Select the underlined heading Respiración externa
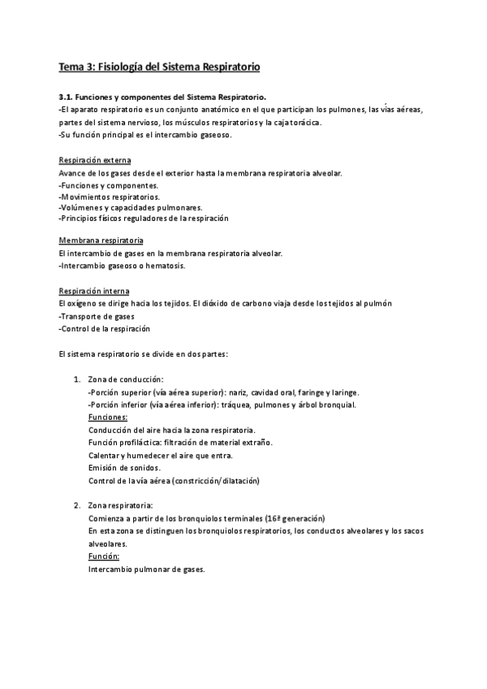click(x=95, y=161)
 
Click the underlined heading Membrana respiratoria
click(x=101, y=241)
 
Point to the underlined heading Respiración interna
click(x=94, y=291)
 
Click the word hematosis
click(x=166, y=266)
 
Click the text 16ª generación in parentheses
click(x=295, y=518)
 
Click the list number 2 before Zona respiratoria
click(x=76, y=505)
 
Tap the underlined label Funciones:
click(x=108, y=417)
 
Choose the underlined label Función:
click(x=104, y=557)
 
